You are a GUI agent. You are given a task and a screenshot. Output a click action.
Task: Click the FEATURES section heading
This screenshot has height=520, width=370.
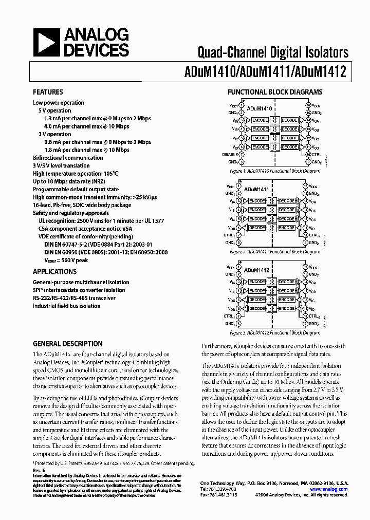(x=48, y=92)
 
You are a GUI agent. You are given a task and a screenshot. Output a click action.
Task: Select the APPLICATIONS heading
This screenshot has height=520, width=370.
(x=54, y=271)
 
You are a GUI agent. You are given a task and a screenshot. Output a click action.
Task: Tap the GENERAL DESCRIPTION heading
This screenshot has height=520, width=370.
(x=67, y=344)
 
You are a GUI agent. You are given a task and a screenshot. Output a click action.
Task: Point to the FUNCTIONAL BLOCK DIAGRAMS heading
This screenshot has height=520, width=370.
(x=275, y=92)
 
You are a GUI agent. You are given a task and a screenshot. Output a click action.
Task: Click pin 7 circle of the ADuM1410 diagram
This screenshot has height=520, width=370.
(x=241, y=154)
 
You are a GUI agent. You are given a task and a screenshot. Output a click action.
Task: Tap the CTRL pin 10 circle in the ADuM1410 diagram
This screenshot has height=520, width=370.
(x=308, y=154)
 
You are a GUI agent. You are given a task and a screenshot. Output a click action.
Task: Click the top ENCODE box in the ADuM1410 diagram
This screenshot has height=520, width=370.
(x=260, y=120)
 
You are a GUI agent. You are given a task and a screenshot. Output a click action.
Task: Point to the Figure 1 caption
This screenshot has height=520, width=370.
(x=274, y=171)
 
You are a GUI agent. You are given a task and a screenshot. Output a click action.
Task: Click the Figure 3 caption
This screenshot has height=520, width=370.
(x=274, y=332)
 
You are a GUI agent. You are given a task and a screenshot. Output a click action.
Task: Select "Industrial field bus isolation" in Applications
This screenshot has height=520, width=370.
(x=67, y=306)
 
